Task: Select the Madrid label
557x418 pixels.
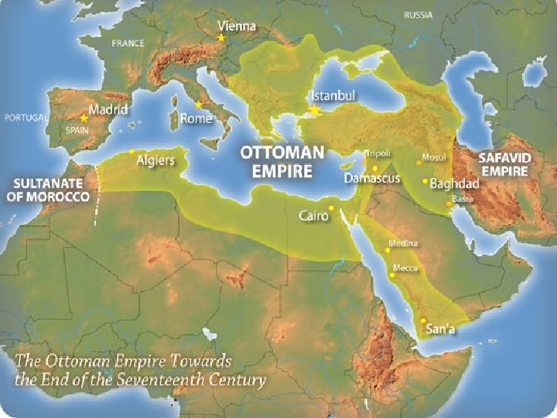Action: point(108,109)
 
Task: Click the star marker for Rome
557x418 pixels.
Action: point(199,104)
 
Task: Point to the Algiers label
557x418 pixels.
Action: point(155,161)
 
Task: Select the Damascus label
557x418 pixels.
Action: point(372,178)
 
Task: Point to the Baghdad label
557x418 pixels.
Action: point(454,183)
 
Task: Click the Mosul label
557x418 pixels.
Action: point(433,157)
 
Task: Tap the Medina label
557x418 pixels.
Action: point(402,243)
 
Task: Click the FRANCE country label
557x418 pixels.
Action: point(128,43)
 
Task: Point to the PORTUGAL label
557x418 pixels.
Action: point(25,118)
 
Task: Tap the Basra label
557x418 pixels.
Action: point(463,198)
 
